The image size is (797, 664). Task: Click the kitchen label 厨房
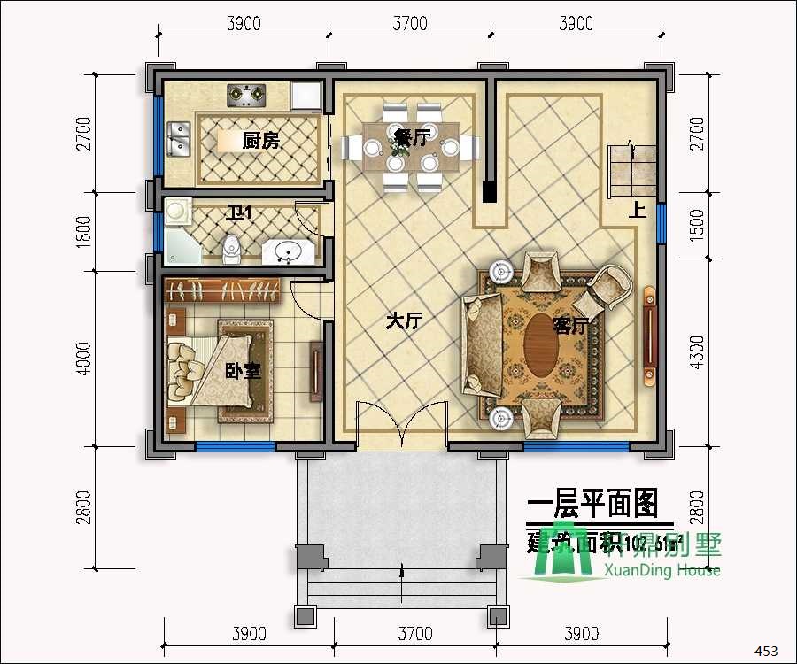coord(260,140)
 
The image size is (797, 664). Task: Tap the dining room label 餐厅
coord(412,137)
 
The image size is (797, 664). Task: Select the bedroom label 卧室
coord(243,371)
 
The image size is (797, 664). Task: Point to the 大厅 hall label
coord(402,321)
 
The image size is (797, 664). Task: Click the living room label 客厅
coord(571,326)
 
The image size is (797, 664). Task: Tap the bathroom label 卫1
coord(239,213)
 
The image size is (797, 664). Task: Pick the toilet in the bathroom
coord(232,249)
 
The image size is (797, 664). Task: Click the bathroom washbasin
coord(287,252)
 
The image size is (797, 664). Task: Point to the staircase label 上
coord(636,212)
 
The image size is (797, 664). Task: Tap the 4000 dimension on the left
coord(84,359)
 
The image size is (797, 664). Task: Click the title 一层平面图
coord(592,504)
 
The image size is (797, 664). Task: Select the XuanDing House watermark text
coord(661,570)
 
